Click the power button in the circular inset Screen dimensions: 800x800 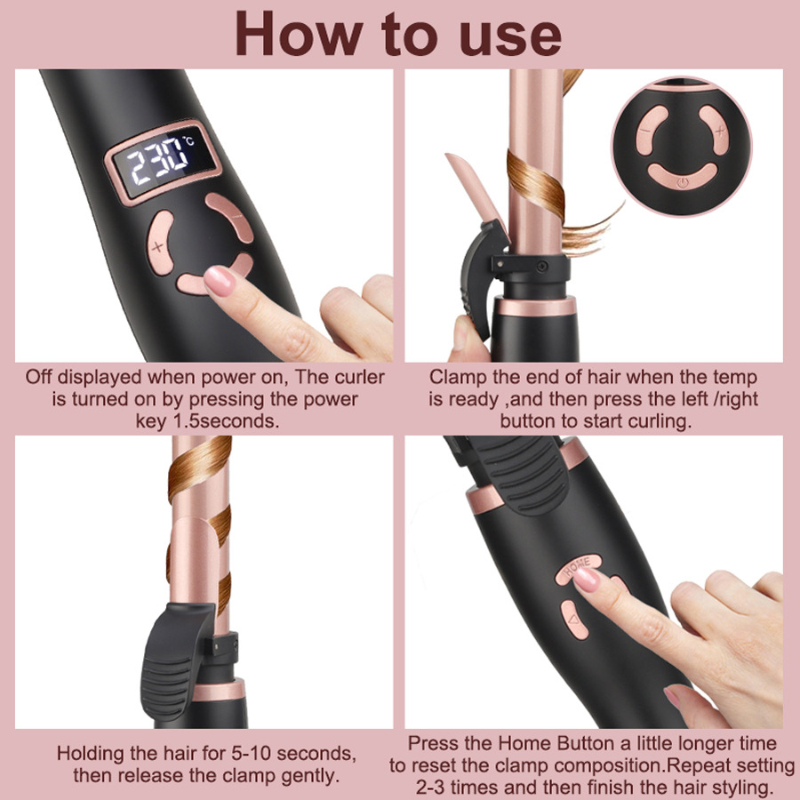coord(681,179)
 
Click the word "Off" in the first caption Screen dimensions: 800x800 coord(41,377)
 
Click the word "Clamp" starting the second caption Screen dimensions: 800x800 coord(456,377)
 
